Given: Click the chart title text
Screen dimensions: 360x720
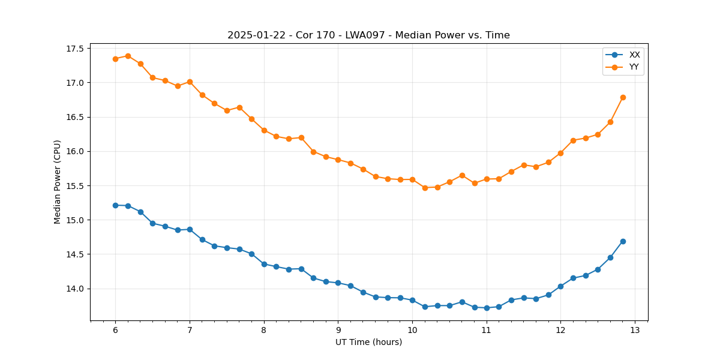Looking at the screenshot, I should pos(368,35).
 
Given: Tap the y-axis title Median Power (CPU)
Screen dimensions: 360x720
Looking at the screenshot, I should pos(58,182).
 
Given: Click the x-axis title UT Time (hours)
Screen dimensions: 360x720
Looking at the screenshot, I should pos(368,342).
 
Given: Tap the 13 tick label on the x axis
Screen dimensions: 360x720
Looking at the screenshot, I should pos(635,331).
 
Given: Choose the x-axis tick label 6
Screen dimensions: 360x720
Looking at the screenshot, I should pos(115,331).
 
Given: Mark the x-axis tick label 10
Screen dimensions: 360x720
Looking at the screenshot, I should pos(412,331).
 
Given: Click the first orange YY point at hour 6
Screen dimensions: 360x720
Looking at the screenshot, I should pos(115,59).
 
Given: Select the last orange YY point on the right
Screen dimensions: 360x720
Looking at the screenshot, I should pos(623,97).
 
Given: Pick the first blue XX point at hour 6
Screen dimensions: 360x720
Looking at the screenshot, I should pos(115,205).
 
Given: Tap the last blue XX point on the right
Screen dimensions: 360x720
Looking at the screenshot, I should pos(623,241).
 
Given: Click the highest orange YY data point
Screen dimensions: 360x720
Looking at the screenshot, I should pos(128,56).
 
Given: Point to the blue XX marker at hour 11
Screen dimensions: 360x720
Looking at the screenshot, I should pos(487,308).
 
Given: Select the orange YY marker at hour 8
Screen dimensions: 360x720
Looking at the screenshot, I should pos(264,130).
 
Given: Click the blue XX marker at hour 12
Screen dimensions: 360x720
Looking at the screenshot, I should pos(560,286).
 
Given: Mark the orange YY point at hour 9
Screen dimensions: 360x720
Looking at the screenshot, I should pos(338,160).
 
